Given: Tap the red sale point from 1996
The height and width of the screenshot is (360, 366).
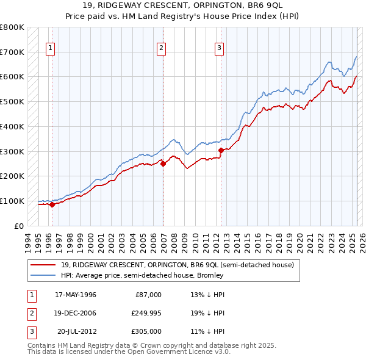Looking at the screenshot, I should pyautogui.click(x=52, y=204).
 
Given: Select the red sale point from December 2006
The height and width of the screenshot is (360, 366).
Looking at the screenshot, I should pyautogui.click(x=163, y=164).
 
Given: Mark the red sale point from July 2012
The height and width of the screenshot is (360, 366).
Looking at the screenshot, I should pyautogui.click(x=221, y=150).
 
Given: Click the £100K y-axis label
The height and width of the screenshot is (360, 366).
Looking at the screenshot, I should pyautogui.click(x=13, y=201).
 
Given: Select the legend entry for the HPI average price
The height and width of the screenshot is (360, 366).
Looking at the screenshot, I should pyautogui.click(x=142, y=275).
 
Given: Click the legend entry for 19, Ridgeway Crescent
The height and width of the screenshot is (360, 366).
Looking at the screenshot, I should pyautogui.click(x=177, y=265).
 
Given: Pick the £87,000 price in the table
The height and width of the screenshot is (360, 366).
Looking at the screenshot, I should pyautogui.click(x=148, y=295).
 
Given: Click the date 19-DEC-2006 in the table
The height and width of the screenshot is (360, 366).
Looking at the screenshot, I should pyautogui.click(x=76, y=313).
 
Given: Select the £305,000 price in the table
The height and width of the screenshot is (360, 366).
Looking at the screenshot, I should pyautogui.click(x=146, y=331).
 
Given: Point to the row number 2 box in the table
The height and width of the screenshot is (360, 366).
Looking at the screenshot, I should pyautogui.click(x=30, y=313).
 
